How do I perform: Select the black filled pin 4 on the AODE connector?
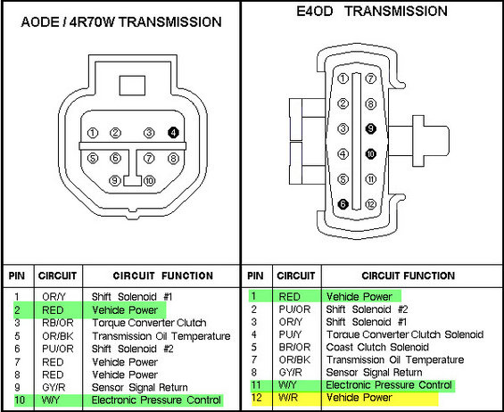pyautogui.click(x=173, y=133)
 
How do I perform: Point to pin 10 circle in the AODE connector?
pyautogui.click(x=149, y=180)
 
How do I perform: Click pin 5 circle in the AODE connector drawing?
pyautogui.click(x=93, y=159)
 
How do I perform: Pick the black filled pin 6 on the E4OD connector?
pyautogui.click(x=343, y=204)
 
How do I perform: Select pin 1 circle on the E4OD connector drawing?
pyautogui.click(x=343, y=78)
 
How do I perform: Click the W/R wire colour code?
pyautogui.click(x=287, y=399)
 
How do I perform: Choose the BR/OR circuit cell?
pyautogui.click(x=288, y=347)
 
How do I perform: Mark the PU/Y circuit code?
pyautogui.click(x=287, y=334)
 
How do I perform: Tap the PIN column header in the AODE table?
pyautogui.click(x=16, y=276)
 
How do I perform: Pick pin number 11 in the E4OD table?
pyautogui.click(x=255, y=385)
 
